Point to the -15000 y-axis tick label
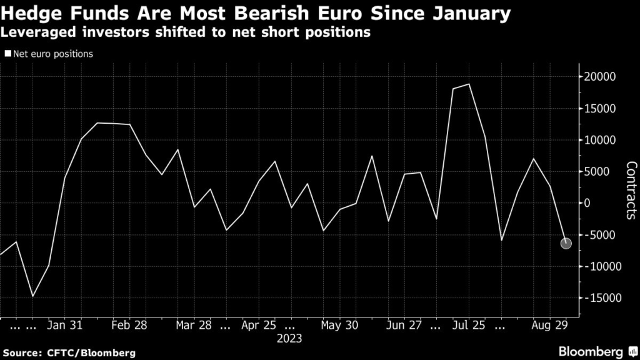[601, 298]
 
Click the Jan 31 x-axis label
[65, 326]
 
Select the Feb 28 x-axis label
[131, 326]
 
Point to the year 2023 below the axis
[289, 339]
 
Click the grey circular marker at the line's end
[566, 243]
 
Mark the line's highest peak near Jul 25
[469, 84]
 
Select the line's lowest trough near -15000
[32, 296]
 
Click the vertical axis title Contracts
[631, 191]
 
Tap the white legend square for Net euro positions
[7, 54]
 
